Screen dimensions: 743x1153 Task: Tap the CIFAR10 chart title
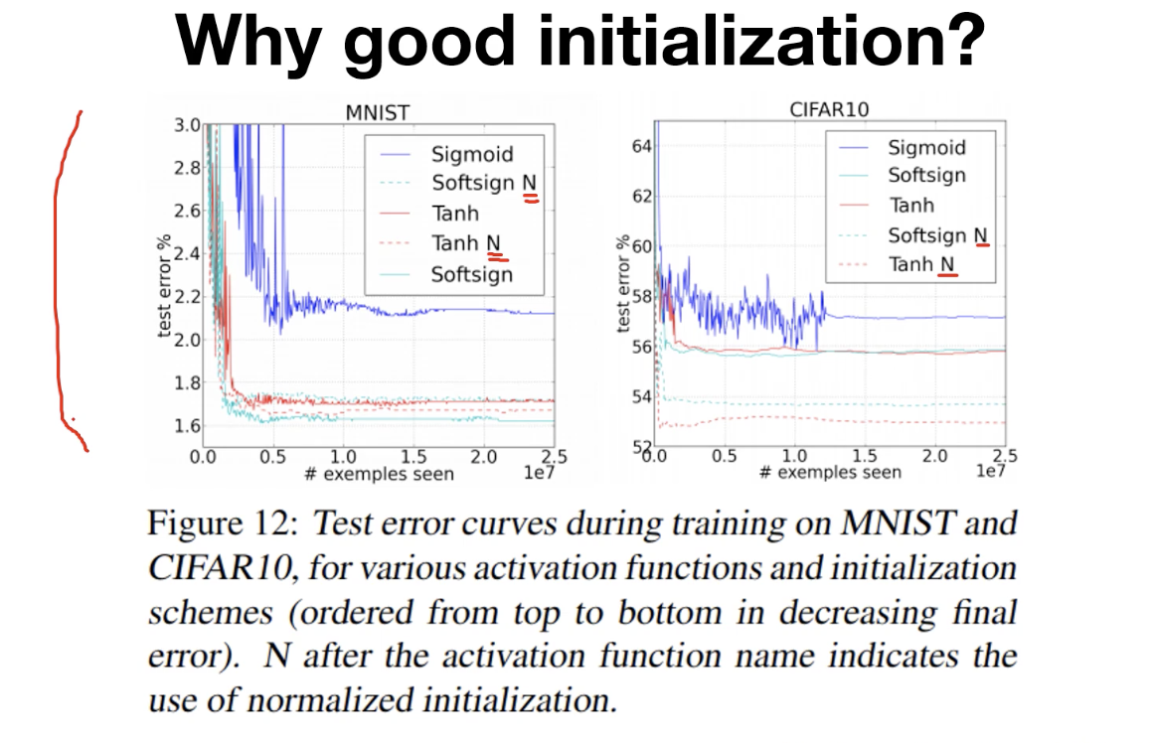pyautogui.click(x=828, y=109)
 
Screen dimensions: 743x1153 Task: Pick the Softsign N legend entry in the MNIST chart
pyautogui.click(x=482, y=184)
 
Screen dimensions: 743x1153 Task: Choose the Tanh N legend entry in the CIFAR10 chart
pyautogui.click(x=923, y=264)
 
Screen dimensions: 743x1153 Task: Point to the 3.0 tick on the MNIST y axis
pyautogui.click(x=187, y=125)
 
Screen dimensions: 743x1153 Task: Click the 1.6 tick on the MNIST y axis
pyautogui.click(x=187, y=426)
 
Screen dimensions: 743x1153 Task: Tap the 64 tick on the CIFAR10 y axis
pyautogui.click(x=641, y=147)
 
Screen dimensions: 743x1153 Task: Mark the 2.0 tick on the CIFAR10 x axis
pyautogui.click(x=935, y=456)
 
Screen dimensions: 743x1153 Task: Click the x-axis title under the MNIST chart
pyautogui.click(x=378, y=474)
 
